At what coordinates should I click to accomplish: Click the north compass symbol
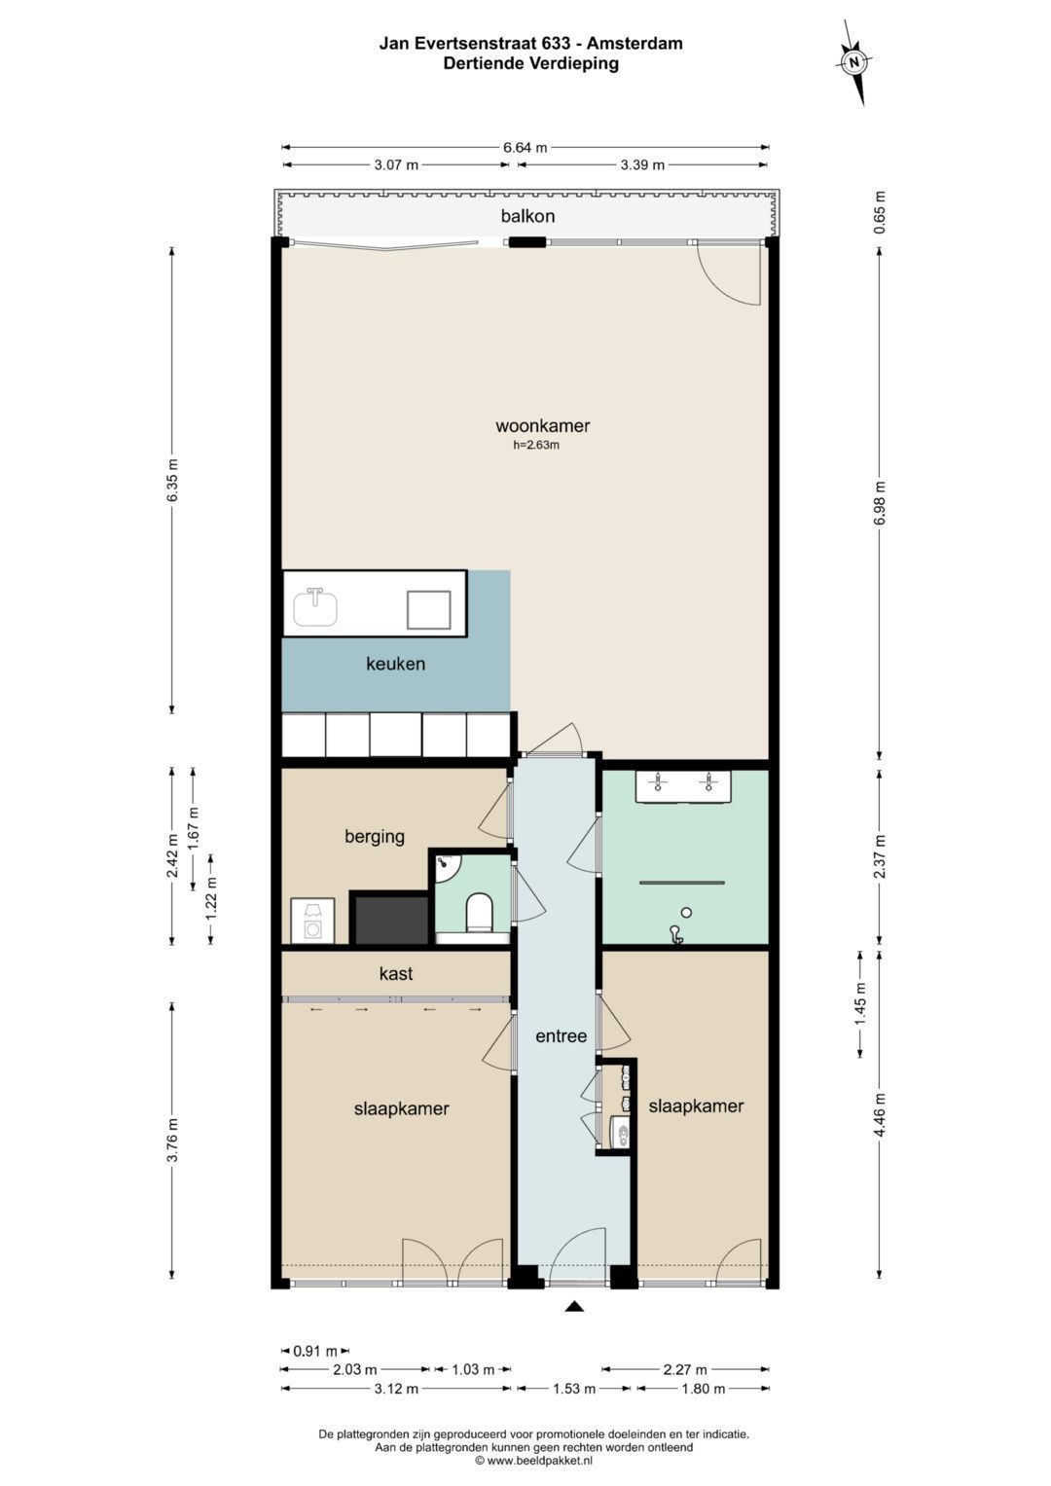[854, 62]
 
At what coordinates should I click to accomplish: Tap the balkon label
[527, 216]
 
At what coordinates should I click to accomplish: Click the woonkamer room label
[543, 426]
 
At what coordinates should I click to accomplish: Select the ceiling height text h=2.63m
[536, 445]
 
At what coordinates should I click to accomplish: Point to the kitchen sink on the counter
[316, 607]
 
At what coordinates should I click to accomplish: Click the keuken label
[395, 664]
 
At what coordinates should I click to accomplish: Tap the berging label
[375, 837]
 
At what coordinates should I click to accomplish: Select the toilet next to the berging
[479, 913]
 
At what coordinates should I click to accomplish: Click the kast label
[396, 973]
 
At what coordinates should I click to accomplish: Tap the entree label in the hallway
[562, 1036]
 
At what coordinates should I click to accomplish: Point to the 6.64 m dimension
[525, 147]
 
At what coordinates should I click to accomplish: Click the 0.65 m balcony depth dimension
[880, 212]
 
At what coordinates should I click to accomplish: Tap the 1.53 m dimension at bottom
[574, 1389]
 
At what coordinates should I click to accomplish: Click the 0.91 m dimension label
[316, 1352]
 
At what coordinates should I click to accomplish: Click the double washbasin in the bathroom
[683, 786]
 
